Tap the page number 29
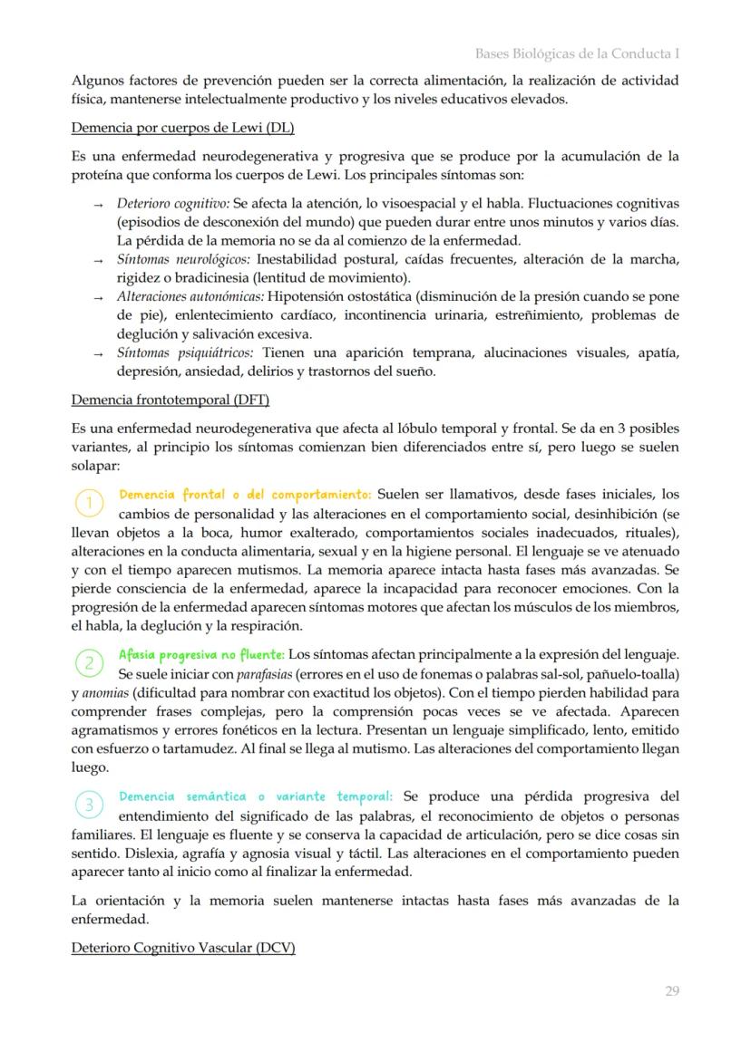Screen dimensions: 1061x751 point(671,991)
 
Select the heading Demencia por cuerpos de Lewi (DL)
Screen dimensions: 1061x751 point(182,128)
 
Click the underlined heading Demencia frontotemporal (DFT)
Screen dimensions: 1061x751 point(170,400)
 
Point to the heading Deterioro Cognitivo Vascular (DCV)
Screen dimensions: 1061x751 point(183,948)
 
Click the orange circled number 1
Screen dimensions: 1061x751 point(89,502)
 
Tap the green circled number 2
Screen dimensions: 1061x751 point(89,662)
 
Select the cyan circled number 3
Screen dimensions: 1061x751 point(89,804)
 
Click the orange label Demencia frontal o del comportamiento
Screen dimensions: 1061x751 point(245,495)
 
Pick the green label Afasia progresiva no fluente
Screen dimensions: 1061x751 point(201,654)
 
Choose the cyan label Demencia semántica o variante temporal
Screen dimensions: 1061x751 point(256,796)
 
